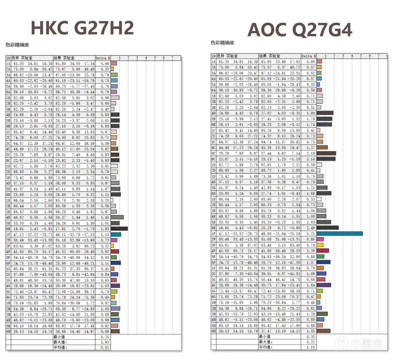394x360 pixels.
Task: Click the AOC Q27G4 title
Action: (299, 30)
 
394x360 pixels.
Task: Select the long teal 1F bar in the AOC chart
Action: (339, 233)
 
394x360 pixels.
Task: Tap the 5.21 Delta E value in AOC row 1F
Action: (310, 234)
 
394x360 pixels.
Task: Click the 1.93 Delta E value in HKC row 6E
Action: (105, 229)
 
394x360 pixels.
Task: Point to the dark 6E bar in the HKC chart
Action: (119, 229)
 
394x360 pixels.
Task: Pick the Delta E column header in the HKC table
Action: (103, 58)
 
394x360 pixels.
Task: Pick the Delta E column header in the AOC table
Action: (308, 56)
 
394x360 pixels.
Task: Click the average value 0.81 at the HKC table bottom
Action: (105, 347)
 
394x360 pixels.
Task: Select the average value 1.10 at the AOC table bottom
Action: (310, 347)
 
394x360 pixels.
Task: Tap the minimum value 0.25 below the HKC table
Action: (105, 337)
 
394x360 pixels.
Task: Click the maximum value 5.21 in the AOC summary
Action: (310, 342)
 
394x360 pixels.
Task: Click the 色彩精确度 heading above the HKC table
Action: (17, 45)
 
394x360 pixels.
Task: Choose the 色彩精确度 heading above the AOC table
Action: (222, 43)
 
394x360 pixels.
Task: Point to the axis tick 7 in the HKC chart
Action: (172, 58)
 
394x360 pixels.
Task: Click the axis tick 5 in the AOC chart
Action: (361, 56)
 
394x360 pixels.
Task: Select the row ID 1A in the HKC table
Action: (8, 63)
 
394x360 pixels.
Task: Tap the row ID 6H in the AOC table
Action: (214, 331)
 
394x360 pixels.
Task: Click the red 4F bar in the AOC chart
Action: (322, 250)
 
